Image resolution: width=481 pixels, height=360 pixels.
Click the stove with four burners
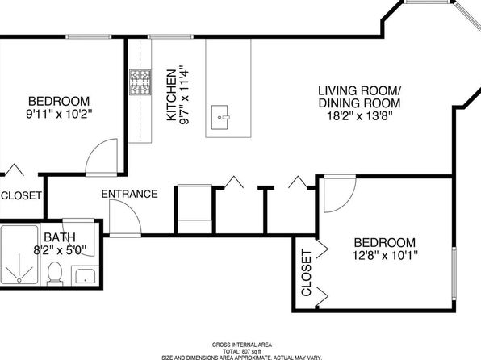point(140,82)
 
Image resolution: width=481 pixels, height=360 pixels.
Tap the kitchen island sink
point(220,117)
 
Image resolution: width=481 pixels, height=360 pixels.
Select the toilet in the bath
point(55,274)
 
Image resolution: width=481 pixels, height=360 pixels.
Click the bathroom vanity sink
point(85,276)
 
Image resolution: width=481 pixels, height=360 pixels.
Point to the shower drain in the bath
point(19,280)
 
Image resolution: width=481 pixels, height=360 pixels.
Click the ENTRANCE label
point(129,194)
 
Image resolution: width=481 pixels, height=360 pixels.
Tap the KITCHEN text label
point(171,95)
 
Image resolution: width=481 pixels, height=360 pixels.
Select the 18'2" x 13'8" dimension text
point(359,116)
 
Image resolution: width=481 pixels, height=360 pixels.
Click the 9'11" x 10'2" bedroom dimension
point(59,114)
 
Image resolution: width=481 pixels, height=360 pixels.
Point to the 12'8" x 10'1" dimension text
point(385,255)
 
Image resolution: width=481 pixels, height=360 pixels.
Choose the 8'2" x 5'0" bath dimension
point(60,250)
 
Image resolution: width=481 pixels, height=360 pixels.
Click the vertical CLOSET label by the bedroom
point(307,273)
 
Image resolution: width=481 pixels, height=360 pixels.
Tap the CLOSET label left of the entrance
point(22,195)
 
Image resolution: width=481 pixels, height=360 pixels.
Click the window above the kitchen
point(170,36)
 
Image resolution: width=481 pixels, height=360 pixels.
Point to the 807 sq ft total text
point(242,351)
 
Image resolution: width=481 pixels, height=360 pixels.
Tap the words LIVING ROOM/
point(359,91)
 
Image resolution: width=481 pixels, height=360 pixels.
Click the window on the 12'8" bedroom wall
point(454,273)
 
